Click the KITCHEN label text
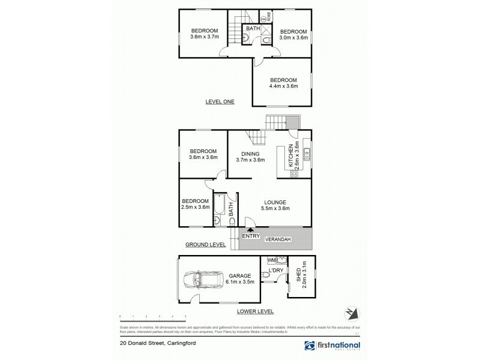(x=290, y=155)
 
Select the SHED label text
(x=298, y=275)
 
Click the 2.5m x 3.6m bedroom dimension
(x=196, y=208)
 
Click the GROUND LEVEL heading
(x=205, y=245)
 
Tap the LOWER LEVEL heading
(x=256, y=311)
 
